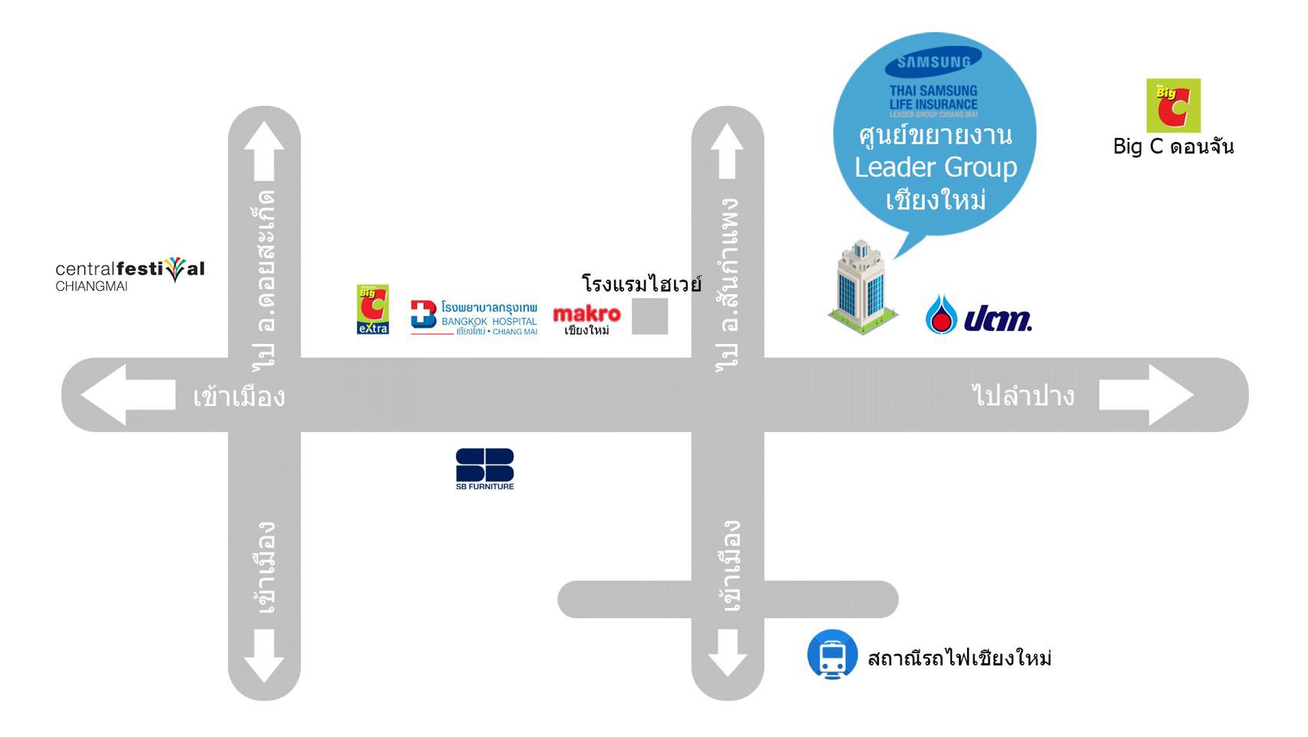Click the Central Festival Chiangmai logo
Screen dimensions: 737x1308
[130, 274]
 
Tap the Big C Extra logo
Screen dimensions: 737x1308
[373, 309]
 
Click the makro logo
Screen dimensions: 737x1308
[586, 319]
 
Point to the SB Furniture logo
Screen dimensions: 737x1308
[484, 468]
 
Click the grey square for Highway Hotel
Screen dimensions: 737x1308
[649, 316]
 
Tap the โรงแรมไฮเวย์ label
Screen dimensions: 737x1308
[641, 284]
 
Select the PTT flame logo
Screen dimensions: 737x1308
[941, 315]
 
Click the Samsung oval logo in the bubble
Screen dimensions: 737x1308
[933, 62]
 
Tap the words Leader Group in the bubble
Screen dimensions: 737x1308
[935, 167]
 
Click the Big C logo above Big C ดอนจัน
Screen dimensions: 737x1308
[1173, 105]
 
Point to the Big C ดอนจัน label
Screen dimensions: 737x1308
[1173, 146]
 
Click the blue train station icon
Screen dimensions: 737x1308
[832, 655]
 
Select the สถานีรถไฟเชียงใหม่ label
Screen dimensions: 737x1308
[959, 658]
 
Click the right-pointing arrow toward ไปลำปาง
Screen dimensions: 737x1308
[1145, 395]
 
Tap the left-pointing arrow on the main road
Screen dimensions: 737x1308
[127, 395]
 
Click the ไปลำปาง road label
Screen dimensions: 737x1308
[1022, 395]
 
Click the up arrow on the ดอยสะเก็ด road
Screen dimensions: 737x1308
[264, 149]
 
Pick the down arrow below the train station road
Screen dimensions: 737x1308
[728, 653]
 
